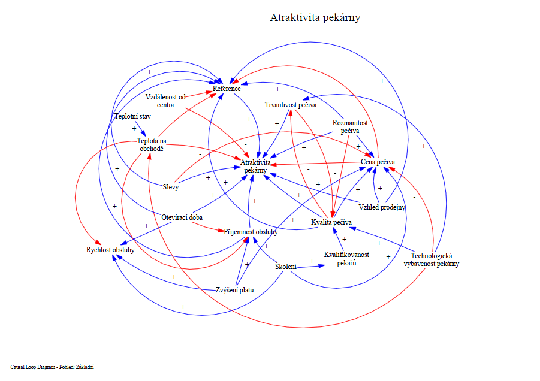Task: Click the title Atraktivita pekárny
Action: pyautogui.click(x=315, y=17)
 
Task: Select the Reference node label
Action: pyautogui.click(x=227, y=89)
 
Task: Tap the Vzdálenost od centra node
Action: pyautogui.click(x=165, y=101)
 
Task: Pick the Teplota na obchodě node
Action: pyautogui.click(x=150, y=145)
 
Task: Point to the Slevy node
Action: pyautogui.click(x=171, y=186)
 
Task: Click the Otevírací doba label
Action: pyautogui.click(x=182, y=217)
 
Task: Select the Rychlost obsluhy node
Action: pyautogui.click(x=110, y=250)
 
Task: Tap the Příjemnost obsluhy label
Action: pyautogui.click(x=251, y=232)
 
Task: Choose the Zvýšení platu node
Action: pyautogui.click(x=235, y=290)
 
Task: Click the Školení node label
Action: pyautogui.click(x=286, y=266)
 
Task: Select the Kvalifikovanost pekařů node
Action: pyautogui.click(x=346, y=258)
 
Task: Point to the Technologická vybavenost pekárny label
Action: pyautogui.click(x=432, y=259)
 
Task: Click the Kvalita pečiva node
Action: pyautogui.click(x=331, y=222)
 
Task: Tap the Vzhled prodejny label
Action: pyautogui.click(x=382, y=208)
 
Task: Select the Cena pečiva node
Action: pyautogui.click(x=378, y=162)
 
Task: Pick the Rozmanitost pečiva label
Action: pyautogui.click(x=349, y=126)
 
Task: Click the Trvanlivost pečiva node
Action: pyautogui.click(x=291, y=105)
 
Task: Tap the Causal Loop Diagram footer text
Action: pyautogui.click(x=52, y=367)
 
